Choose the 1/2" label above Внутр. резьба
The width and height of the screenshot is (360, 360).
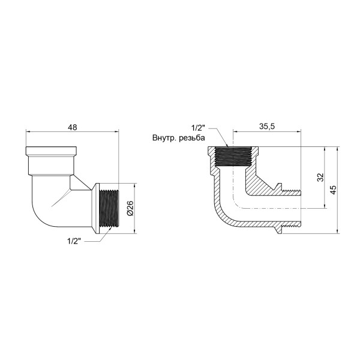click(198, 128)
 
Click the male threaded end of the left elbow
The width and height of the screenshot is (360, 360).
click(108, 208)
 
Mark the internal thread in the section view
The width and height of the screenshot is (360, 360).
click(233, 157)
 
